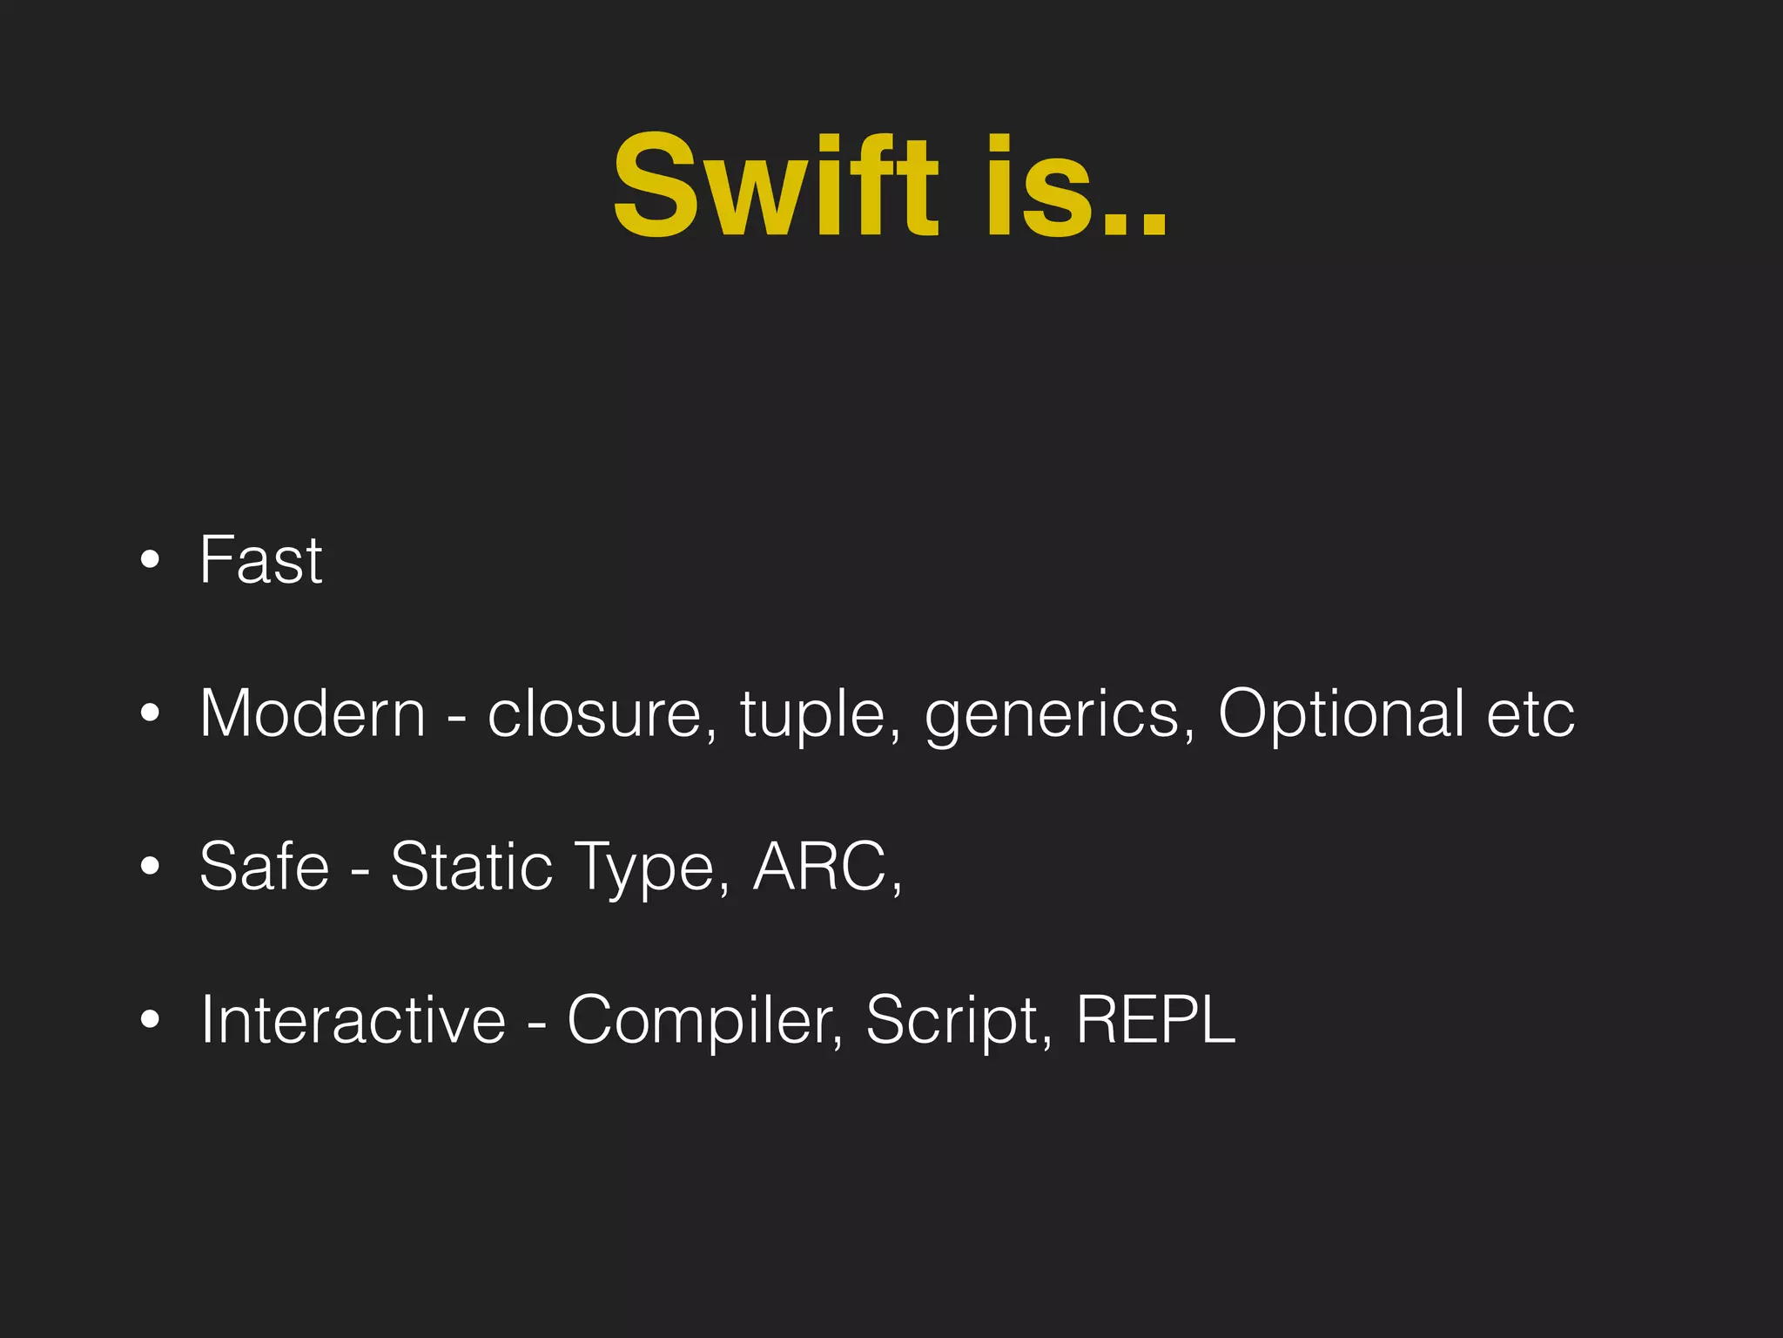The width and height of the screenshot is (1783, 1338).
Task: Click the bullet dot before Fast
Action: click(x=150, y=560)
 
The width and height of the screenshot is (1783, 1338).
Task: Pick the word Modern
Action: click(x=313, y=714)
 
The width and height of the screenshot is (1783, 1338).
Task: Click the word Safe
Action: click(x=264, y=867)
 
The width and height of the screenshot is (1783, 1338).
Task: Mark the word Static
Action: click(x=471, y=867)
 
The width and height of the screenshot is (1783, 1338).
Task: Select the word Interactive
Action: click(x=353, y=1020)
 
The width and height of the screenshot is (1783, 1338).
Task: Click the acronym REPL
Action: click(x=1155, y=1020)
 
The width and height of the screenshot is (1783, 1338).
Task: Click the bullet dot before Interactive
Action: click(x=150, y=1020)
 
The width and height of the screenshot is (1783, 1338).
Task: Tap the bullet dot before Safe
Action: click(x=150, y=867)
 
